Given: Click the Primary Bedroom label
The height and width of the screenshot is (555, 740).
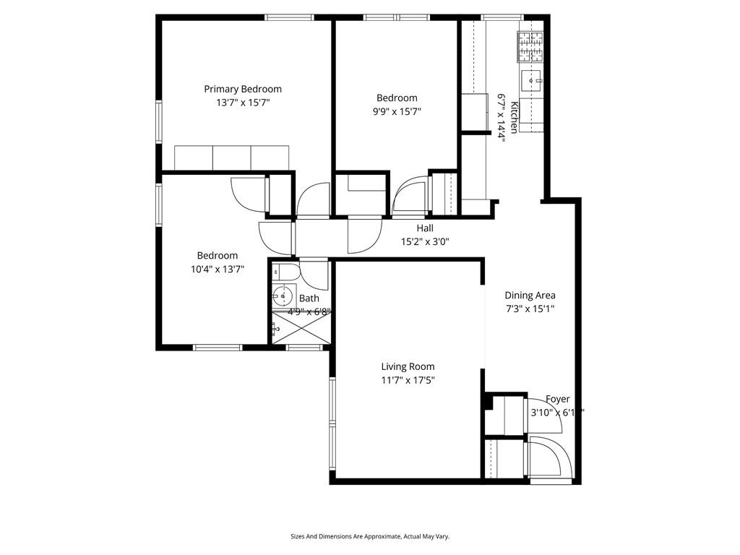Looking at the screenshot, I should click(x=243, y=89).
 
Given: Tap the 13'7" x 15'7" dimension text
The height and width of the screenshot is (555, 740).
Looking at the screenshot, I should click(x=243, y=103).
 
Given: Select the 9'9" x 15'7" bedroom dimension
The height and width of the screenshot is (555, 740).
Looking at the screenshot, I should click(x=397, y=111).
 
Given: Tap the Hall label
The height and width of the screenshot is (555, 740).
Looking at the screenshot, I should click(x=425, y=228).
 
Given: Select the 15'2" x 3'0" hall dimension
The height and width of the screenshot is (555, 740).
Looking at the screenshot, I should click(x=425, y=242).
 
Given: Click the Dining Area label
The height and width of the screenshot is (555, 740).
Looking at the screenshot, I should click(x=530, y=295).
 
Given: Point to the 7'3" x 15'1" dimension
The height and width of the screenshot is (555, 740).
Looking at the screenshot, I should click(x=530, y=309).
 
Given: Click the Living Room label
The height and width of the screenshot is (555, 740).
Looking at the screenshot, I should click(x=408, y=366).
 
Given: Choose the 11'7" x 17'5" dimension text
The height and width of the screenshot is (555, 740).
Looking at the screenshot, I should click(x=408, y=380).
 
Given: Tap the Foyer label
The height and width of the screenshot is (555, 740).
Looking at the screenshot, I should click(x=557, y=399).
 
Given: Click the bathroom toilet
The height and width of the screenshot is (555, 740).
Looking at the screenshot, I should click(x=284, y=272).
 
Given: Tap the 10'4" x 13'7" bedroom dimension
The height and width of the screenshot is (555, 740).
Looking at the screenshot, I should click(x=218, y=270).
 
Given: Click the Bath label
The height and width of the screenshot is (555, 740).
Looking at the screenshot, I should click(x=309, y=298).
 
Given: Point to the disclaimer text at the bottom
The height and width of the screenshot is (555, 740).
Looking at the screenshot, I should click(x=370, y=536).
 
